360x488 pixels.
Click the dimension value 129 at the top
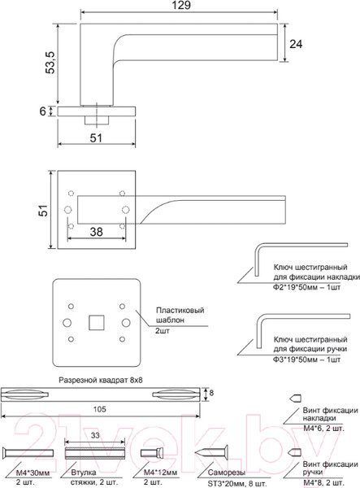pos(180,7)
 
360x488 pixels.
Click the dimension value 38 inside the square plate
pos(97,232)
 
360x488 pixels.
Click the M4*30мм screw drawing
pos(31,454)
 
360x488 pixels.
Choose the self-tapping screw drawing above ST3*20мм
pos(215,453)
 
